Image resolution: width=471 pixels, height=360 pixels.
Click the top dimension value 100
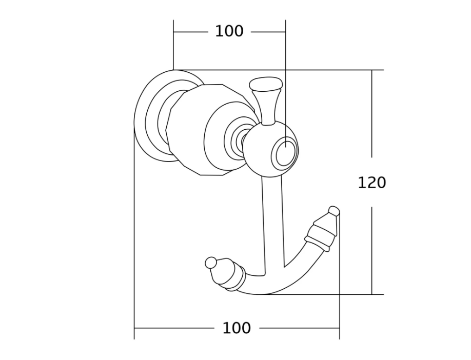click(229, 31)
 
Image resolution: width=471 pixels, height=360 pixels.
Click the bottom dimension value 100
click(237, 328)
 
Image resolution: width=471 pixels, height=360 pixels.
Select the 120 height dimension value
click(372, 183)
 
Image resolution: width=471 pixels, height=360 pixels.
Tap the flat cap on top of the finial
click(266, 83)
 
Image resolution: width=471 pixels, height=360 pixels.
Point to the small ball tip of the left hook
click(211, 263)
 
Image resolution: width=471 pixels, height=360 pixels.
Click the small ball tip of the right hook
click(335, 210)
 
